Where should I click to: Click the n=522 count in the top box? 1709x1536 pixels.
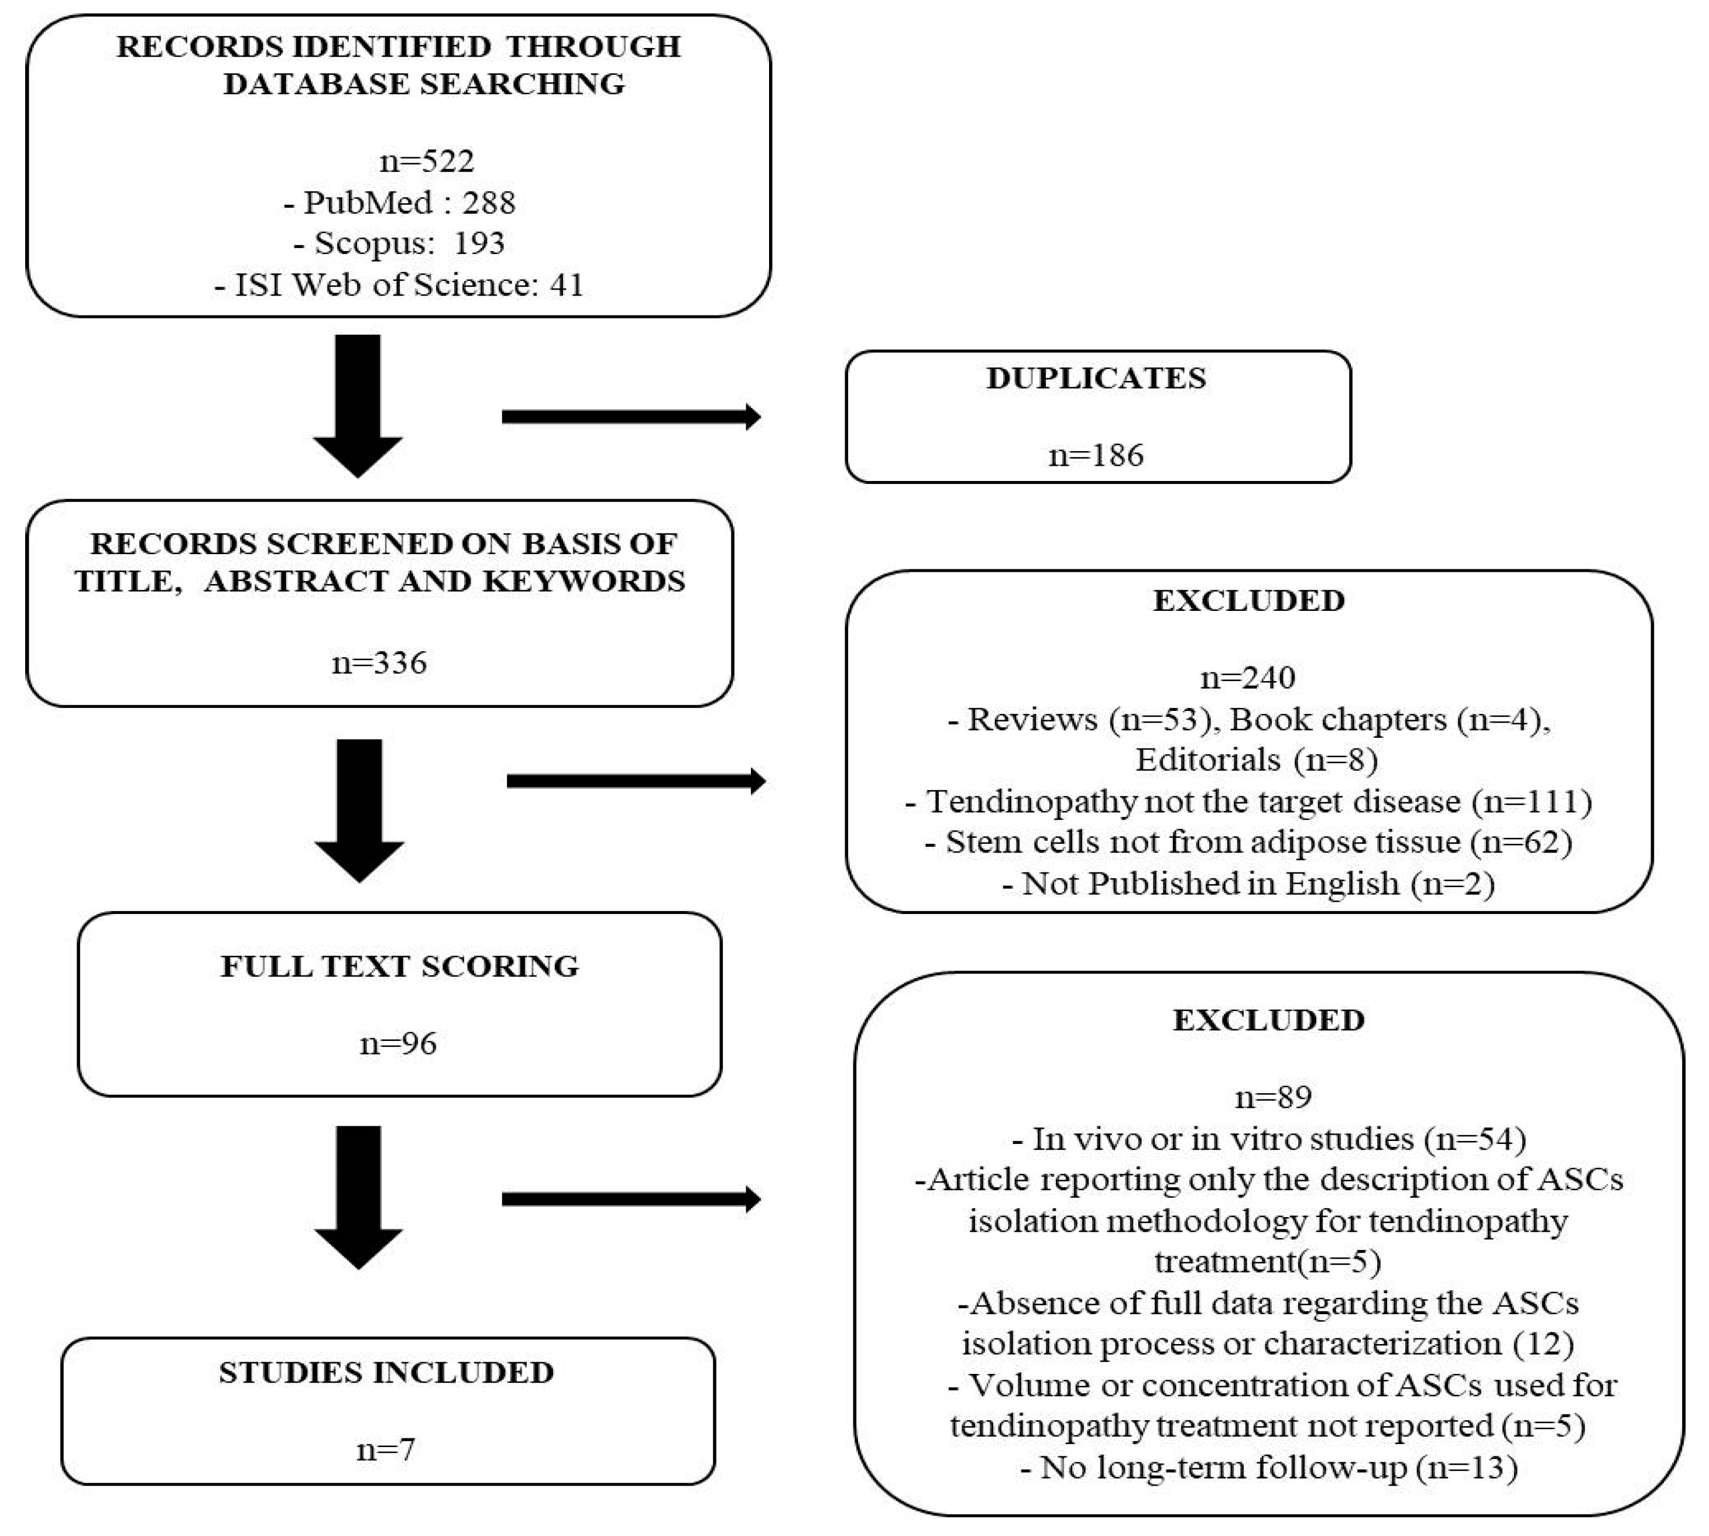tap(427, 160)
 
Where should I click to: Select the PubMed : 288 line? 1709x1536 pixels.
tap(399, 202)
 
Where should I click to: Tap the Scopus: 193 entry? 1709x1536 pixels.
tap(399, 243)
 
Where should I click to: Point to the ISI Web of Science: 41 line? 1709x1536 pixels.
tap(399, 284)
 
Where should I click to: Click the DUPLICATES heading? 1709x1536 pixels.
tap(1096, 378)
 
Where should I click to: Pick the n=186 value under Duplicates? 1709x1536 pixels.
tap(1096, 456)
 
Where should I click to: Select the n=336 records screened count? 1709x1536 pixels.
tap(380, 662)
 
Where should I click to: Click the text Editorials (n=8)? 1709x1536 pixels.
tap(1256, 760)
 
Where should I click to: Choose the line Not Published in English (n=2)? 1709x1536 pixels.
tap(1248, 884)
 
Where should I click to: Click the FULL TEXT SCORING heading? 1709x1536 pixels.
tap(399, 966)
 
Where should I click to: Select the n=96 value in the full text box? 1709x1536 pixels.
tap(399, 1044)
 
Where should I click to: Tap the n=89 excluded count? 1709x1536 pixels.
tap(1272, 1097)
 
